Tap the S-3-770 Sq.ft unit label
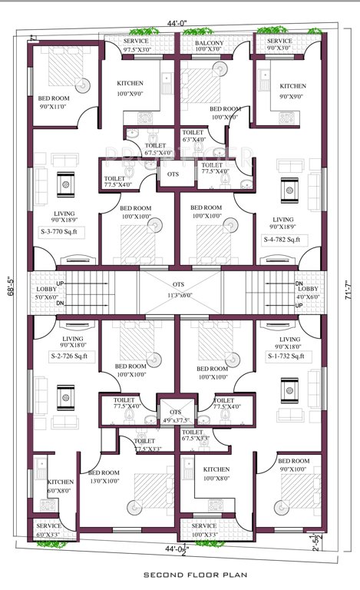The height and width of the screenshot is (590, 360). point(64,230)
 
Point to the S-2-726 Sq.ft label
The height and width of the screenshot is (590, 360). point(65,356)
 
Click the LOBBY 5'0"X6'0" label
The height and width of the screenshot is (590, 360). point(47,293)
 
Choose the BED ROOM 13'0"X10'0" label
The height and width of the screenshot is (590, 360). point(102,476)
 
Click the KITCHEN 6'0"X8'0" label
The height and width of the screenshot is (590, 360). point(58,486)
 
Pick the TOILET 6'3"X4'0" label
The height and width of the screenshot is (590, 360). point(193,136)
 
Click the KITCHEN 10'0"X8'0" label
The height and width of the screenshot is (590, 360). point(216,473)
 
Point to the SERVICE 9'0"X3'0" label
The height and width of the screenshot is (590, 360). point(279,44)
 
